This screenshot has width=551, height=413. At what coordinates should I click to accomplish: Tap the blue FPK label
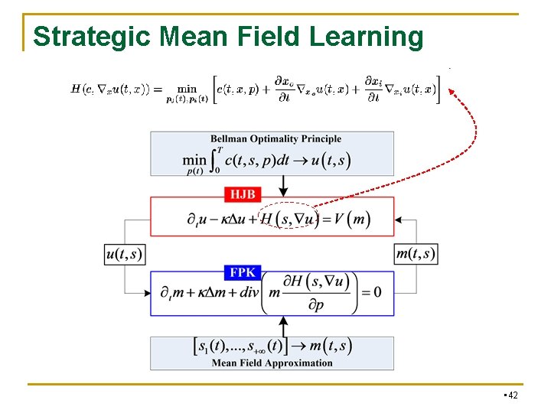point(244,272)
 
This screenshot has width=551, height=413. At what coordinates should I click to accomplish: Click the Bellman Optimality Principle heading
point(275,139)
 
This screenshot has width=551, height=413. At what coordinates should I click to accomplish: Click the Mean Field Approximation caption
point(272,363)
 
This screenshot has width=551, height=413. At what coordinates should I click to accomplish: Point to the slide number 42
point(512,395)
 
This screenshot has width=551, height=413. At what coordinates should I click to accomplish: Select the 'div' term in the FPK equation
point(248,294)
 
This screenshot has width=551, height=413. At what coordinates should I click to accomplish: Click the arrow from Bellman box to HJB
point(284,184)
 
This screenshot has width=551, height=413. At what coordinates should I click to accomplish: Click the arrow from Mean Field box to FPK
point(284,326)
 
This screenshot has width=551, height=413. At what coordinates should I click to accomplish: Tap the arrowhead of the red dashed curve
point(452,92)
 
